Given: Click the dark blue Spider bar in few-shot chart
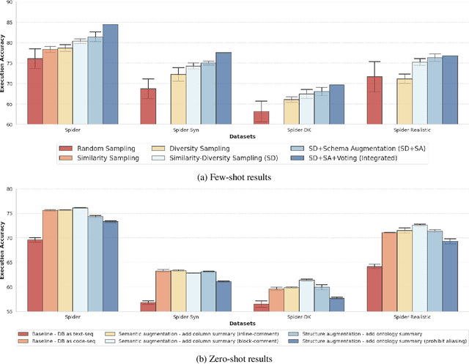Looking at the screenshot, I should pos(110,74).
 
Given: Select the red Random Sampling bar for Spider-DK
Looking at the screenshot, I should pos(261,117).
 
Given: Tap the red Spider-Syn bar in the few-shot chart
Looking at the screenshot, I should pos(148,106).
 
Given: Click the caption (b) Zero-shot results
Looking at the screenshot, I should pos(234,357).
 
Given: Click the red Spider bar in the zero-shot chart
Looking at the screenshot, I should pos(34,275).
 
